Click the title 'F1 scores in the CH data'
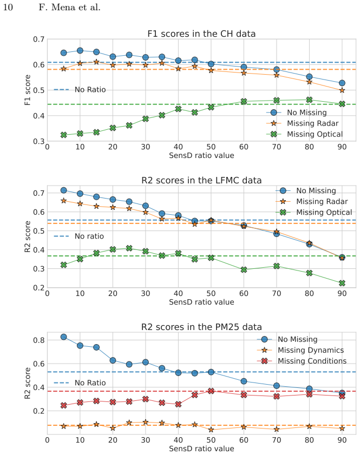[x=201, y=34]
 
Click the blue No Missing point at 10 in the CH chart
[x=80, y=51]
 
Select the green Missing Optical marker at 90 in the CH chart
[x=342, y=104]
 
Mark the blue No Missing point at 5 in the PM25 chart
[x=64, y=337]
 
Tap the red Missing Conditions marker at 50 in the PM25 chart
[x=211, y=391]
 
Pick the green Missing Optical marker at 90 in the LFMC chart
[x=342, y=283]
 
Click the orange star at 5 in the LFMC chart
[x=64, y=201]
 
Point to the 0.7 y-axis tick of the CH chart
[x=38, y=39]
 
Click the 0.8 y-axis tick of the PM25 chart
[x=38, y=340]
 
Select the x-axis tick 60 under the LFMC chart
[x=244, y=293]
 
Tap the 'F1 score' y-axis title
[x=28, y=90]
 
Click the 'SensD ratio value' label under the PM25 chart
[x=201, y=449]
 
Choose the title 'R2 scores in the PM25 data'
[x=201, y=327]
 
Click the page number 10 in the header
[x=8, y=7]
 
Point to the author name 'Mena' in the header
[x=63, y=7]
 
